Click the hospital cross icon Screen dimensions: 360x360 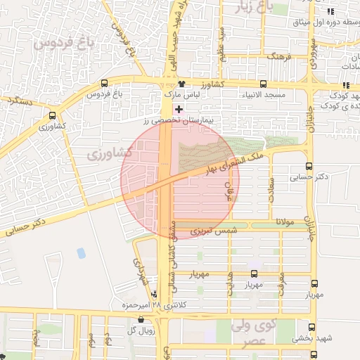pyautogui.click(x=179, y=109)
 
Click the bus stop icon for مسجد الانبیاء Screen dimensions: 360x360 pyautogui.click(x=263, y=84)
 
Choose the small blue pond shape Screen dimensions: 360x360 pyautogui.click(x=82, y=252)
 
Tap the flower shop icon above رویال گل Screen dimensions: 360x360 pyautogui.click(x=141, y=320)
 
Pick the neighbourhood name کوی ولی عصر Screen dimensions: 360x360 pyautogui.click(x=252, y=333)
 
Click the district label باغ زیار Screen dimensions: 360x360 pyautogui.click(x=255, y=8)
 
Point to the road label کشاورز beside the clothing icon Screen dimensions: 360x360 pyautogui.click(x=211, y=84)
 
